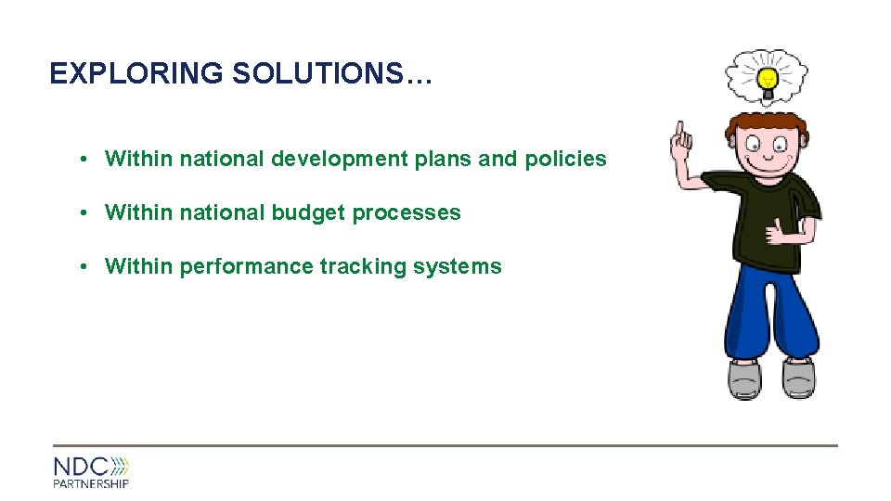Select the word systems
[457, 266]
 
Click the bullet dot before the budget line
[84, 212]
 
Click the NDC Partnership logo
[91, 471]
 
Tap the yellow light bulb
[768, 79]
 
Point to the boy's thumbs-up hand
[778, 230]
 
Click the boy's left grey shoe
[744, 379]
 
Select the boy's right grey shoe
[798, 379]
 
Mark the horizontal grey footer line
[445, 445]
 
